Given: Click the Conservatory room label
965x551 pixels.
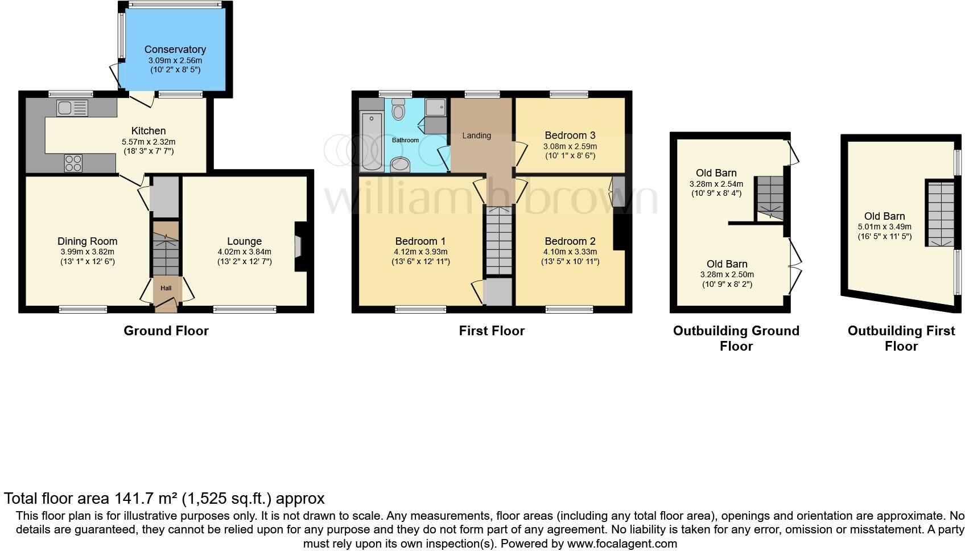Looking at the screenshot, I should [175, 50].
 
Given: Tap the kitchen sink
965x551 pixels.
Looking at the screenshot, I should [72, 108].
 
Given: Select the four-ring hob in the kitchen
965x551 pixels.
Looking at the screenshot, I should [73, 163].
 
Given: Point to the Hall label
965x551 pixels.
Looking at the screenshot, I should [166, 288].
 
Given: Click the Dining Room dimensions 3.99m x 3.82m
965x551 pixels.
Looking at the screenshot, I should [87, 252].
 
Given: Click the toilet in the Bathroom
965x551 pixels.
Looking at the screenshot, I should [398, 110].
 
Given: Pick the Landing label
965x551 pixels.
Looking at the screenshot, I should [476, 135].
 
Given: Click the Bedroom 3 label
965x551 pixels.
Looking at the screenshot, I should [570, 135].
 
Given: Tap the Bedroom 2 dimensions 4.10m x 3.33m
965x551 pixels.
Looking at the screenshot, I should [570, 252].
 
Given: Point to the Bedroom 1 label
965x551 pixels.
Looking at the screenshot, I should [420, 241].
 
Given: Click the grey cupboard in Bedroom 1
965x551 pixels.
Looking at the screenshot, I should [498, 292].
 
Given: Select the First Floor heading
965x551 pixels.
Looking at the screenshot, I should [492, 331].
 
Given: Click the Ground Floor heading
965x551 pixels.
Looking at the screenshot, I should [166, 331].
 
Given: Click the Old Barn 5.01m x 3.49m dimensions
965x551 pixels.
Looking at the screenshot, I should [884, 227].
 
